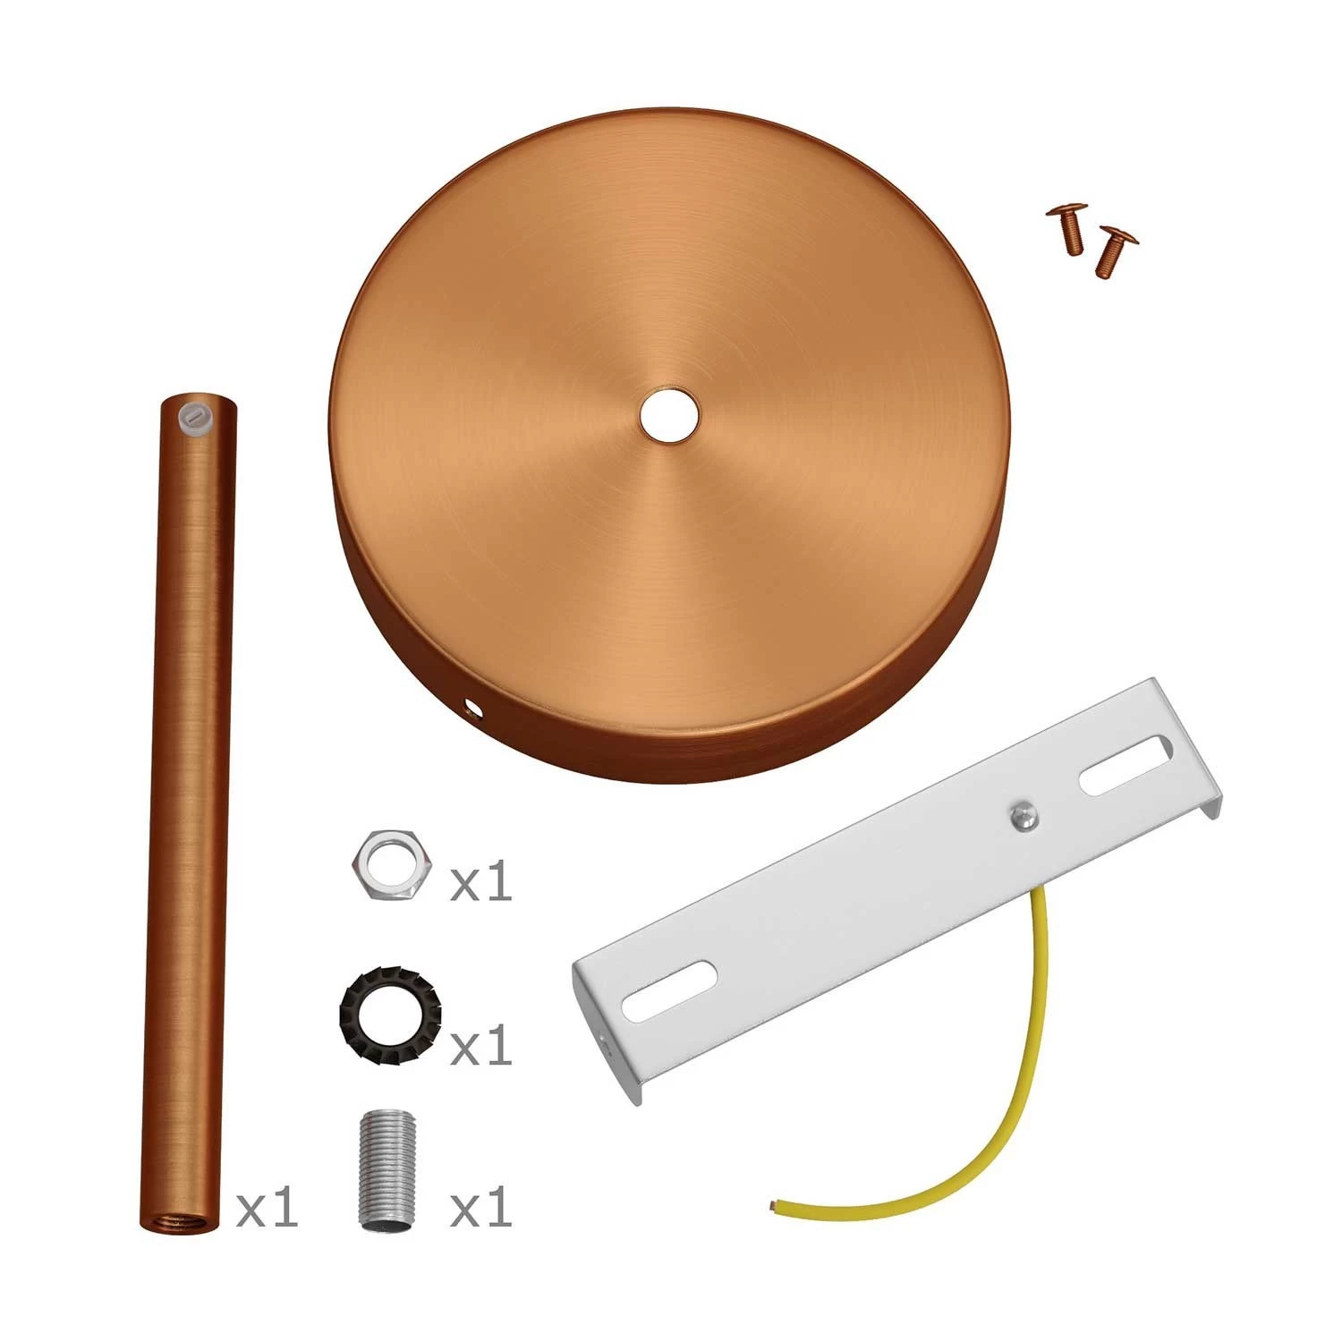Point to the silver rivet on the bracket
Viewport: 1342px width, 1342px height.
[x=1022, y=815]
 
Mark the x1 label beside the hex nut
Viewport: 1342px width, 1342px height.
[x=481, y=880]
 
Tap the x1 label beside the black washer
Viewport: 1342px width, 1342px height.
[x=481, y=1044]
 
